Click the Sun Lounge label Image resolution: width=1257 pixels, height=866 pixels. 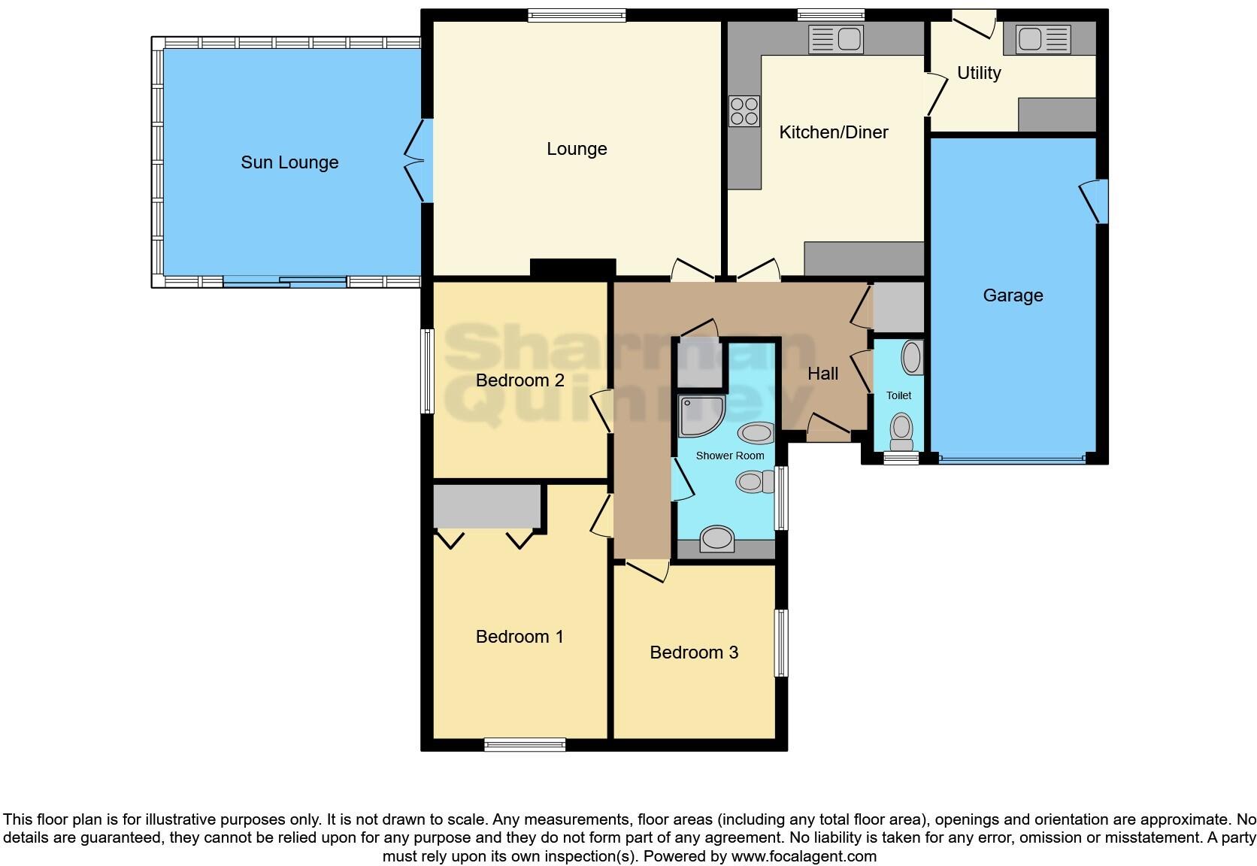coord(289,162)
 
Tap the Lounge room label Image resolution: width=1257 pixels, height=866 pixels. coord(577,149)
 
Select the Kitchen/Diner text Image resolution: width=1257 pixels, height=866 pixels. coord(833,132)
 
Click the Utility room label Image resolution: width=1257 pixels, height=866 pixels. coord(978,73)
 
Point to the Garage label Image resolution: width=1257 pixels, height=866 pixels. coord(1013,295)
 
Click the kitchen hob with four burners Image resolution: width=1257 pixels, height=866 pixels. coord(744,111)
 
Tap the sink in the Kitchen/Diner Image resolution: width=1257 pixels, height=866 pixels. coord(836,39)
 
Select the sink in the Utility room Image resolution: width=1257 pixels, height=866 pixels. coord(1042,39)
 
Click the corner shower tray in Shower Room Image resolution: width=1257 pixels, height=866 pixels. coord(700,416)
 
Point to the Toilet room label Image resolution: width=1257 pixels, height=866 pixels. coord(898,395)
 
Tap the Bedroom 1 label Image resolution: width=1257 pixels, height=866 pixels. coord(519,637)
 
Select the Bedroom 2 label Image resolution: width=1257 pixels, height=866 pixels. coord(519,380)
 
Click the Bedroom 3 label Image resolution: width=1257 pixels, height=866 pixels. coord(694,653)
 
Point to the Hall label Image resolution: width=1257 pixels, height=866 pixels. coord(822,374)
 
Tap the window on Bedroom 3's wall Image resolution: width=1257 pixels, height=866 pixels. coord(781,643)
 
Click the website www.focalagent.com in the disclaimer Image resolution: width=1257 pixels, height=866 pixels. coord(804,855)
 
